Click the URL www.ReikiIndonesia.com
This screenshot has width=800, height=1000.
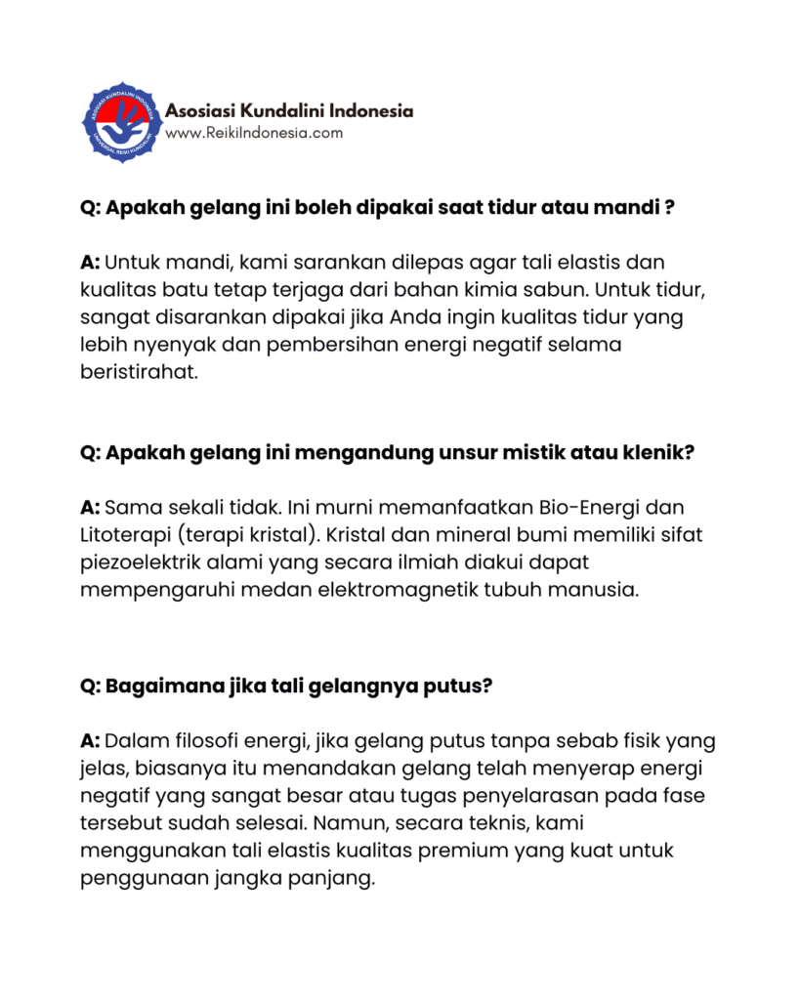[x=254, y=133]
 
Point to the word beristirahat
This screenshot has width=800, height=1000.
[x=140, y=372]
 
